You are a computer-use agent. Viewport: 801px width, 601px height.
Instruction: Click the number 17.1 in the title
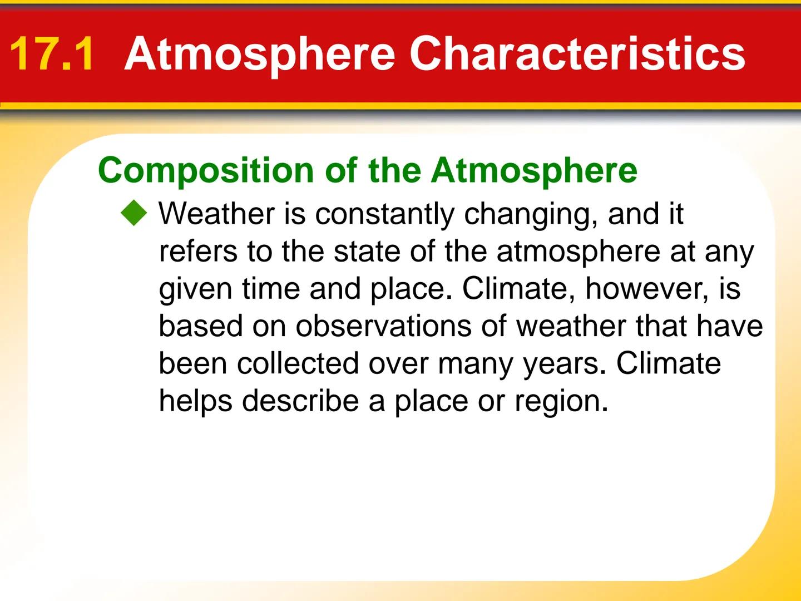pos(52,53)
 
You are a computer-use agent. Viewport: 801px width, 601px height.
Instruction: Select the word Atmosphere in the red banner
pos(260,53)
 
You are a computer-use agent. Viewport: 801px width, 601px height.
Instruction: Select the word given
pos(195,289)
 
